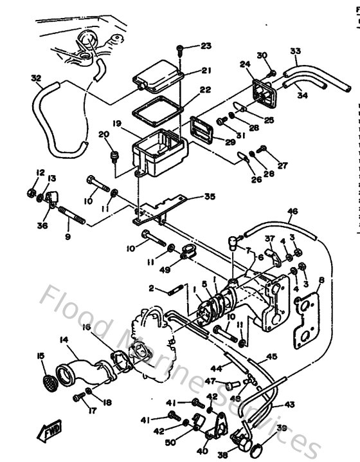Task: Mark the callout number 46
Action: click(292, 211)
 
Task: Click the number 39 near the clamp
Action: click(281, 429)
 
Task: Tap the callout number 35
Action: click(210, 197)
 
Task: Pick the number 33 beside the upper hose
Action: click(295, 51)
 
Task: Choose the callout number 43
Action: click(289, 405)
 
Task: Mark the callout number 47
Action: click(209, 382)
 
